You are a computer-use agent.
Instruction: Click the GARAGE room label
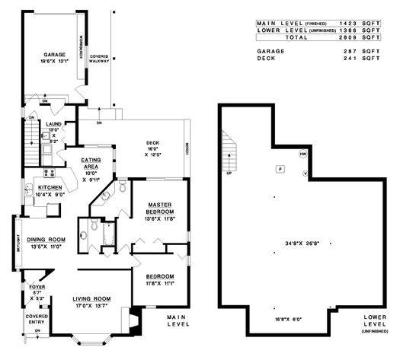click(x=53, y=55)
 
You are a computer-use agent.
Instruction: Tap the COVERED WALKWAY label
click(x=99, y=59)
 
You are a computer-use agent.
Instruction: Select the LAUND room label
click(x=53, y=123)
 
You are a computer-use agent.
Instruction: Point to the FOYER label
click(x=37, y=288)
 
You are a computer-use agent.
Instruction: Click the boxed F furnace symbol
click(x=280, y=168)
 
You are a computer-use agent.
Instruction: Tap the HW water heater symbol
click(x=302, y=155)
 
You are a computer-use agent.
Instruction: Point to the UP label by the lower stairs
click(x=229, y=172)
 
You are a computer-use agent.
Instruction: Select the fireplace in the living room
click(x=134, y=322)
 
